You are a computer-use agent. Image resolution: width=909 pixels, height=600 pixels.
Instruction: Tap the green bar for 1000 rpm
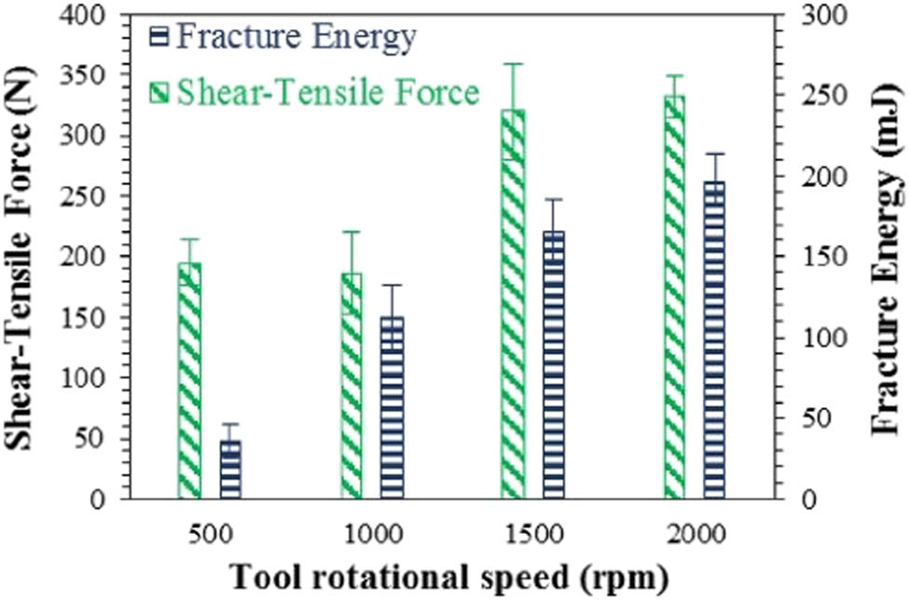pyautogui.click(x=351, y=386)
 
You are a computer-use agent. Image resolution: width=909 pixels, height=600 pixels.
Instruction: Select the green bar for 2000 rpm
pyautogui.click(x=674, y=297)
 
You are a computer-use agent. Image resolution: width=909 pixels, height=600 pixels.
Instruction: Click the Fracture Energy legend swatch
pyautogui.click(x=159, y=38)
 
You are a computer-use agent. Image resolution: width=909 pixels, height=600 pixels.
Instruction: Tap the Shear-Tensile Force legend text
pyautogui.click(x=327, y=92)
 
